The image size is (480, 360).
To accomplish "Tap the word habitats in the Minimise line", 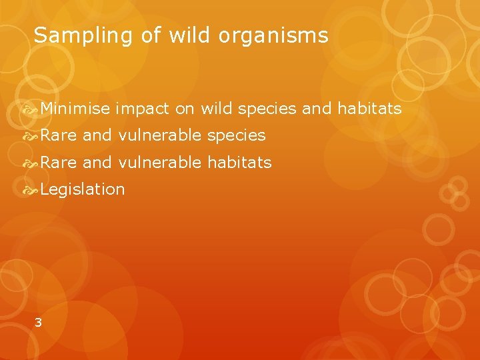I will pyautogui.click(x=370, y=108).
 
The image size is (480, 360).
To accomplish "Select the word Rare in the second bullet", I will pyautogui.click(x=59, y=135).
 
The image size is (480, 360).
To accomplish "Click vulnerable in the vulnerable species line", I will pyautogui.click(x=160, y=135).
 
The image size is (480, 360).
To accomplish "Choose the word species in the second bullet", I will pyautogui.click(x=237, y=136).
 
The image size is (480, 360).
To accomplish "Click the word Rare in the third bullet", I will pyautogui.click(x=59, y=162).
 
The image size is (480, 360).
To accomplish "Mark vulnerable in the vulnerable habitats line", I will pyautogui.click(x=160, y=162).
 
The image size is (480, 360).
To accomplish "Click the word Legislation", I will pyautogui.click(x=82, y=189).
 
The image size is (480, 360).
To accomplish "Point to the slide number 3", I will pyautogui.click(x=38, y=323).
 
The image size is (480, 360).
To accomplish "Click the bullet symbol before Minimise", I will pyautogui.click(x=31, y=109).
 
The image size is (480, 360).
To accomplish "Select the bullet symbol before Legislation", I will pyautogui.click(x=31, y=190).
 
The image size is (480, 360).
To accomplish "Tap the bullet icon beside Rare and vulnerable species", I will pyautogui.click(x=31, y=136).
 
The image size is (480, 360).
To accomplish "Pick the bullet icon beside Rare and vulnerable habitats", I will pyautogui.click(x=31, y=163).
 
